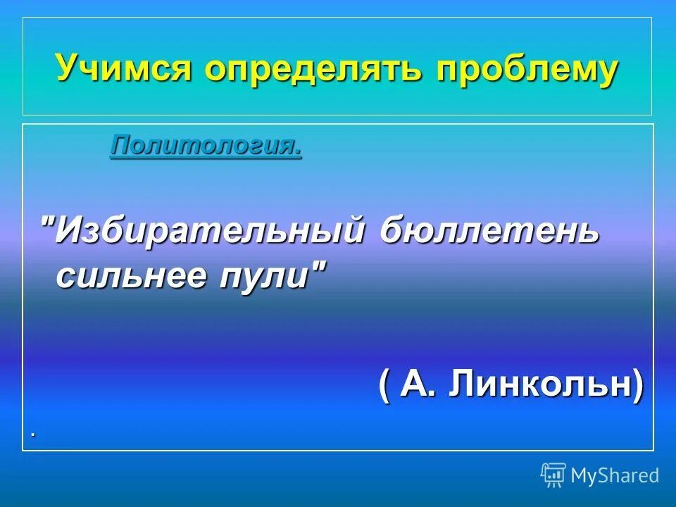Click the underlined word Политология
pos(205,146)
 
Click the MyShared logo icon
pos(553,475)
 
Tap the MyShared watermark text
pos(615,476)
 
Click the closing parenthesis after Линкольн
pos(637,386)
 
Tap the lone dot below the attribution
pos(32,435)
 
